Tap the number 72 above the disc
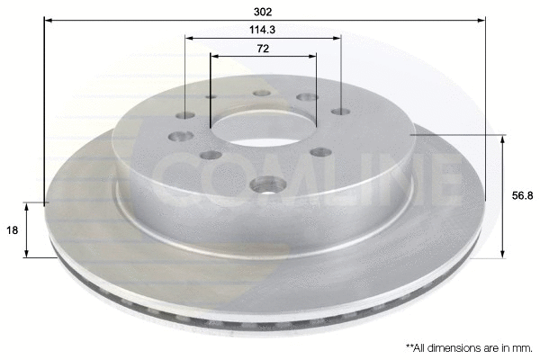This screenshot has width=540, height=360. (x=263, y=49)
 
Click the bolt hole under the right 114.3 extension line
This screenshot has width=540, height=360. (x=340, y=112)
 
